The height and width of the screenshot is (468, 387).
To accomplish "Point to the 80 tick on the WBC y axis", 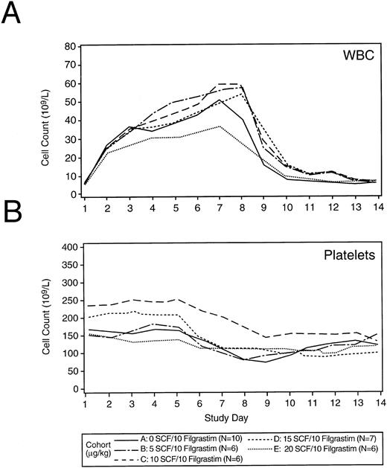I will click(72, 46).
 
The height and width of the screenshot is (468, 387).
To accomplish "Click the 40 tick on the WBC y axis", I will click(72, 121).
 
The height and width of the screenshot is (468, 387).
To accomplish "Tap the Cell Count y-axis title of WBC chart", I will click(47, 121).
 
